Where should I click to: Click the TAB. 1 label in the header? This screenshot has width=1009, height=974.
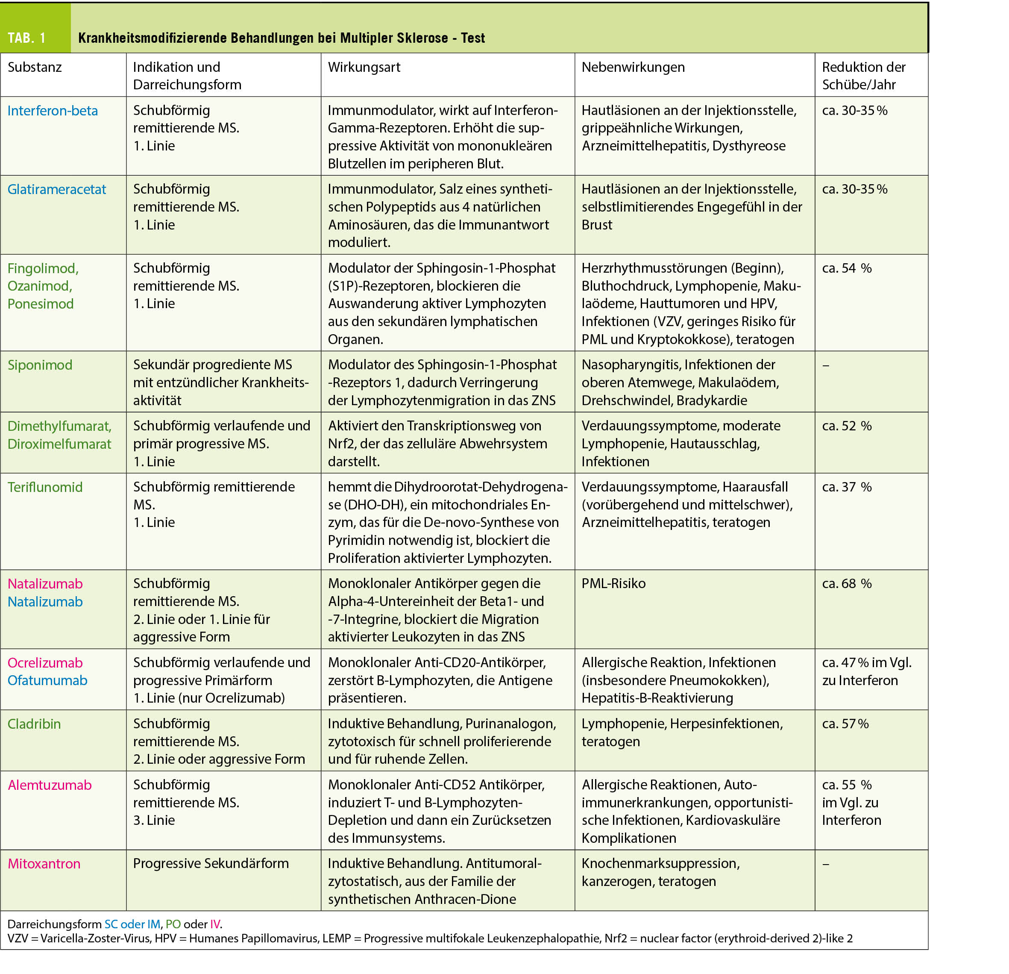click(x=27, y=38)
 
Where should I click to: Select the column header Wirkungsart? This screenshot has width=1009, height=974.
click(x=364, y=68)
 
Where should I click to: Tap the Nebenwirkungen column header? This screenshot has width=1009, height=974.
click(x=633, y=68)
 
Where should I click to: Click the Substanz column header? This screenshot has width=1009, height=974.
click(x=35, y=68)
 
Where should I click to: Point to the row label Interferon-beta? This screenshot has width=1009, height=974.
click(x=53, y=111)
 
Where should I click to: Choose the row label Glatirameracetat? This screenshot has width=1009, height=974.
click(x=57, y=190)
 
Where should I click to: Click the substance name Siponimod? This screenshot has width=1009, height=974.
click(x=40, y=365)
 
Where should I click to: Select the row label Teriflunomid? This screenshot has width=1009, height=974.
click(x=45, y=487)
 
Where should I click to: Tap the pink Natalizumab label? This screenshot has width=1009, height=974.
click(x=45, y=584)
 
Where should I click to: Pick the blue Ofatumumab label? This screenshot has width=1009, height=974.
click(x=47, y=680)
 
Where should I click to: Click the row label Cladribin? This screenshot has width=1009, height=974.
click(x=34, y=724)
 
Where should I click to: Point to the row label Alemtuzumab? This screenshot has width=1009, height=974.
click(x=50, y=785)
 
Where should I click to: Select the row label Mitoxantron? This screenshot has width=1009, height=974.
click(x=44, y=864)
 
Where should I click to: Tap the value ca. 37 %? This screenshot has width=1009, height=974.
click(x=846, y=487)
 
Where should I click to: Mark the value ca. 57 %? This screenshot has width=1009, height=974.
click(x=845, y=724)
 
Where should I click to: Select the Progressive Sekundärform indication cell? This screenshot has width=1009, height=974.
click(x=211, y=863)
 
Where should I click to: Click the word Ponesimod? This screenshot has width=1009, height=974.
click(x=40, y=304)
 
